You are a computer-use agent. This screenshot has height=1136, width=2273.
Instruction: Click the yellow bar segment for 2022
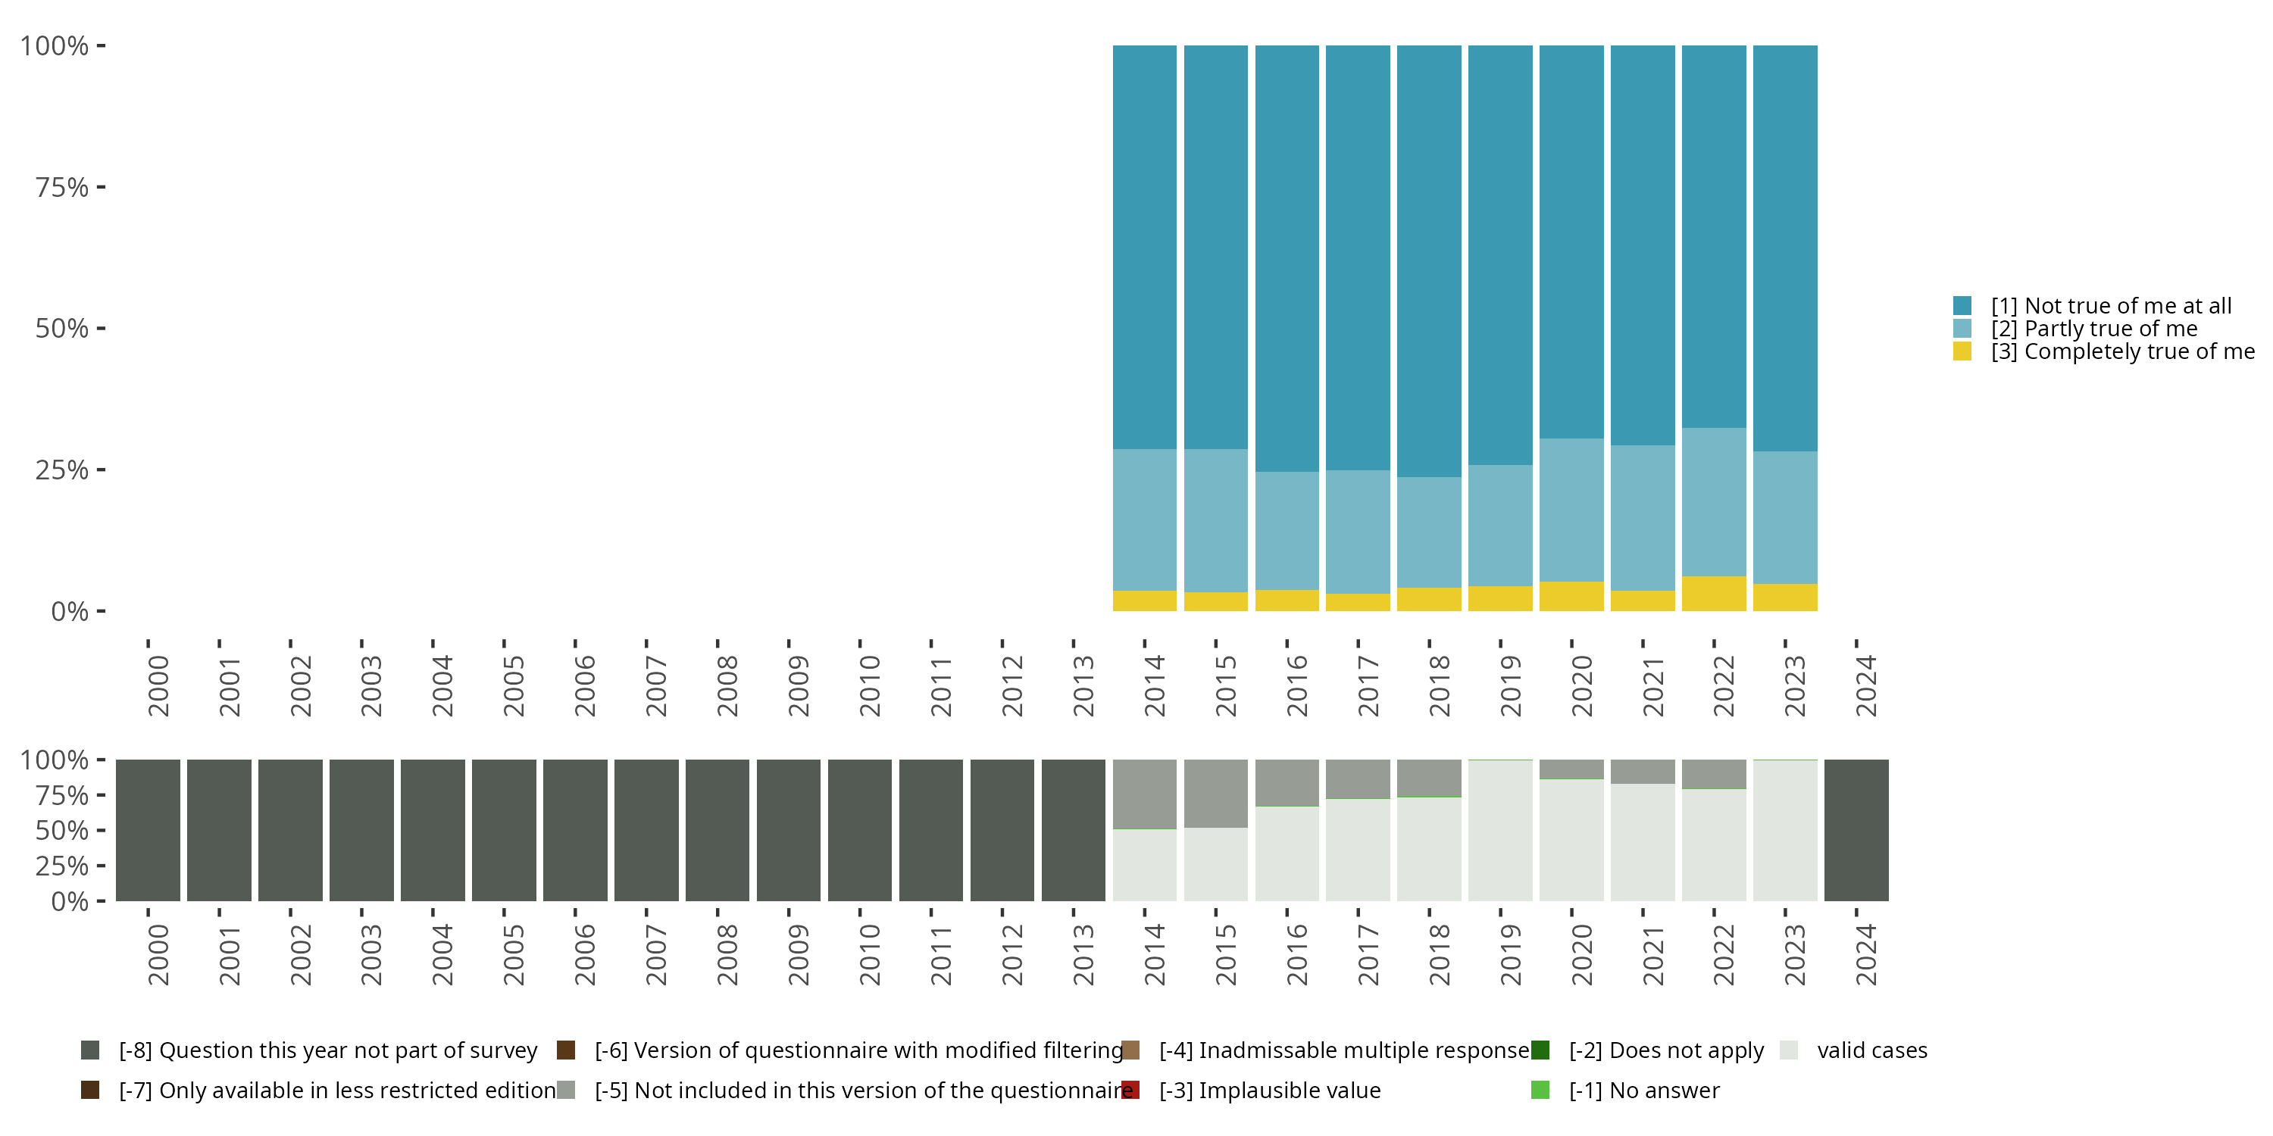(x=1714, y=594)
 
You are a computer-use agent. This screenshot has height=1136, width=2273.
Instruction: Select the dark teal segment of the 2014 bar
(x=1144, y=247)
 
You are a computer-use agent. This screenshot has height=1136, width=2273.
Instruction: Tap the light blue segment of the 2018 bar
(x=1428, y=532)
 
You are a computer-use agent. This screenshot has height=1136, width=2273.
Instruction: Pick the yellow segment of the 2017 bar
(x=1358, y=602)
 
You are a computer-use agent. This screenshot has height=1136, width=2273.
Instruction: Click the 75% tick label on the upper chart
(x=62, y=187)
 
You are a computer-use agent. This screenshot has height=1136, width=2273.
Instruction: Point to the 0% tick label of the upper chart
(x=70, y=611)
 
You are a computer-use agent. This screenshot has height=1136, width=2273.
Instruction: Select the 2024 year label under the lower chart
(x=1865, y=955)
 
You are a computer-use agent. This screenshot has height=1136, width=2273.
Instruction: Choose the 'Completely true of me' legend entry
(x=2121, y=351)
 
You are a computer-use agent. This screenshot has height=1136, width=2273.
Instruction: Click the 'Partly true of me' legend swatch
(x=1962, y=329)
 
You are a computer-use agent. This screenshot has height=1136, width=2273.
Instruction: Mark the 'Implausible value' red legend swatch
(x=1130, y=1090)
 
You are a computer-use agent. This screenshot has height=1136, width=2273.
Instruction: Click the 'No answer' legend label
(x=1664, y=1090)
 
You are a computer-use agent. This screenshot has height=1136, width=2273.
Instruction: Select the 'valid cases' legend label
(x=1871, y=1050)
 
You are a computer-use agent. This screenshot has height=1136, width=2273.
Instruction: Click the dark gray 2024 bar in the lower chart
(x=1856, y=830)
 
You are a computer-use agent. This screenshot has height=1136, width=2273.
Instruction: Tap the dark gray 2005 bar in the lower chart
(x=504, y=830)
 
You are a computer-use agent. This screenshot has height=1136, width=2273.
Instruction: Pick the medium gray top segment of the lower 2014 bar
(x=1144, y=794)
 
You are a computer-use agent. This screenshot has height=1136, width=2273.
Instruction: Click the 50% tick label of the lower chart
(x=62, y=830)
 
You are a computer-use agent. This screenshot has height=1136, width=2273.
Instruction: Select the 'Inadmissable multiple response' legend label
(x=1344, y=1050)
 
